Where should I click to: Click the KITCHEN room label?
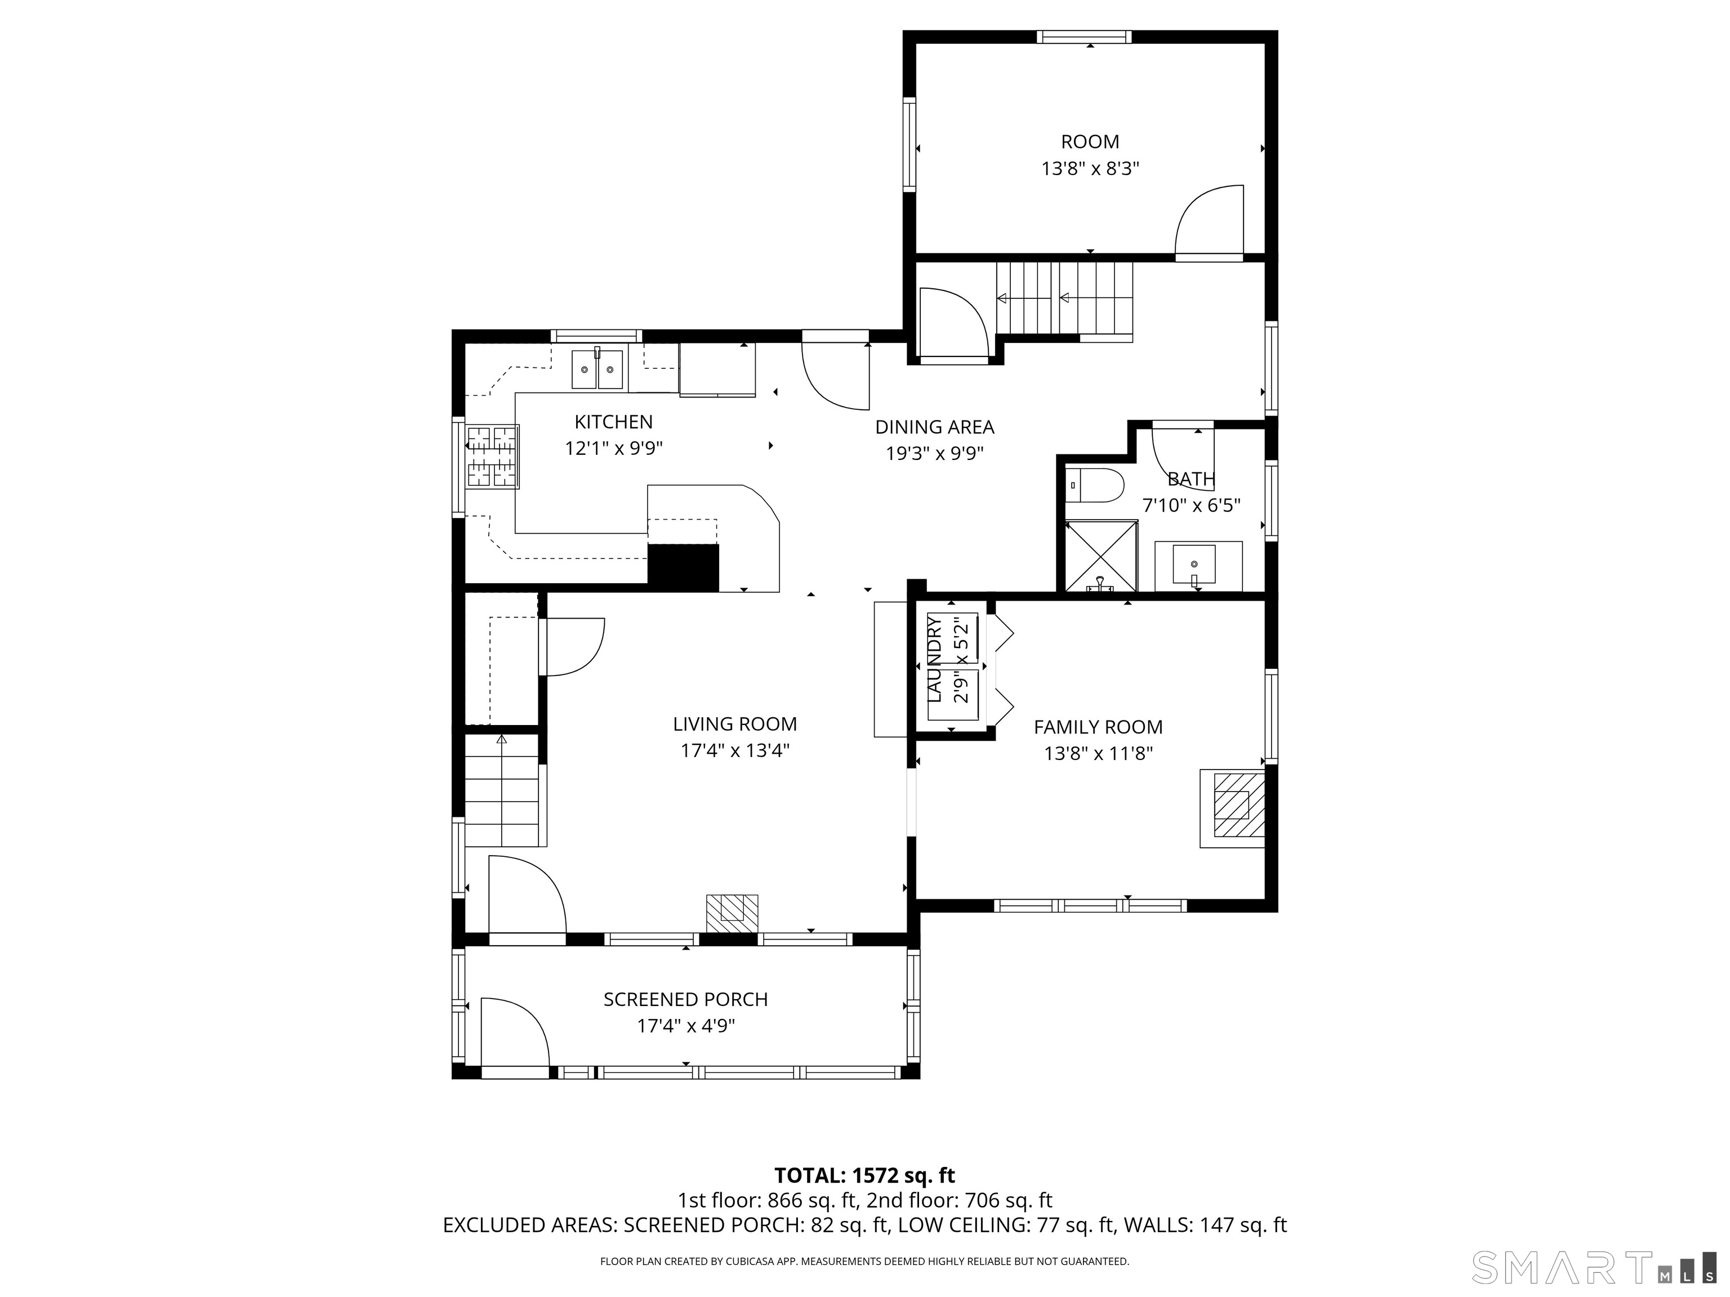[613, 422]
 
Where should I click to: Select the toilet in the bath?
[1095, 485]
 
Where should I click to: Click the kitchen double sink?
[598, 369]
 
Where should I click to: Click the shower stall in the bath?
[1101, 555]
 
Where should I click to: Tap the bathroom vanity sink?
[1194, 565]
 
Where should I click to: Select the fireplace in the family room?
[1233, 808]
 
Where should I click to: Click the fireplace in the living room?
[732, 913]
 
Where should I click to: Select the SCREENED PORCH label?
[685, 999]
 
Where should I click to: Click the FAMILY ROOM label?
[1098, 727]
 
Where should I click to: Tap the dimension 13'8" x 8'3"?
[1090, 169]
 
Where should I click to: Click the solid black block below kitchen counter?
[683, 567]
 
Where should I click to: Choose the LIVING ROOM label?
[734, 724]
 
